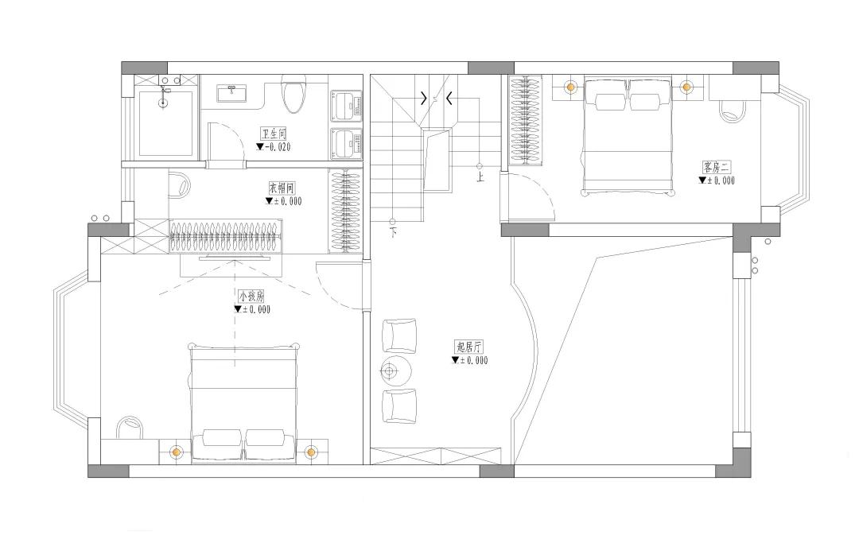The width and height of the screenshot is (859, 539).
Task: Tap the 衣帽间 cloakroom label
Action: coord(282,188)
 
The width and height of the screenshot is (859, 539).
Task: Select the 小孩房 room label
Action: coord(251,296)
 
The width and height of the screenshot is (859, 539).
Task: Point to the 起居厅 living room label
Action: coord(470,347)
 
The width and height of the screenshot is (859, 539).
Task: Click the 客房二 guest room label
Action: coord(716,167)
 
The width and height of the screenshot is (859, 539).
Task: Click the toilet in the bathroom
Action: coord(293,95)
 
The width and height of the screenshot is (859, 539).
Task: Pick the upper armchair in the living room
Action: coord(399,335)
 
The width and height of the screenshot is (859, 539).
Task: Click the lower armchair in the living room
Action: coord(399,405)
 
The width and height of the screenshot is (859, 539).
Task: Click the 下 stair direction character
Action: coord(394,232)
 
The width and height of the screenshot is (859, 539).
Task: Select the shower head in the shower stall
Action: coord(165,92)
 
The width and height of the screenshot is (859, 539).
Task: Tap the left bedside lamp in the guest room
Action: coord(570,87)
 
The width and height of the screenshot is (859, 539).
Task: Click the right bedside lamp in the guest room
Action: coord(686,87)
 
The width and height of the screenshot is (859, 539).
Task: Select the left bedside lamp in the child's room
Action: coord(176,452)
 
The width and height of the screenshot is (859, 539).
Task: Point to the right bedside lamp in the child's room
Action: coord(310,452)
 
